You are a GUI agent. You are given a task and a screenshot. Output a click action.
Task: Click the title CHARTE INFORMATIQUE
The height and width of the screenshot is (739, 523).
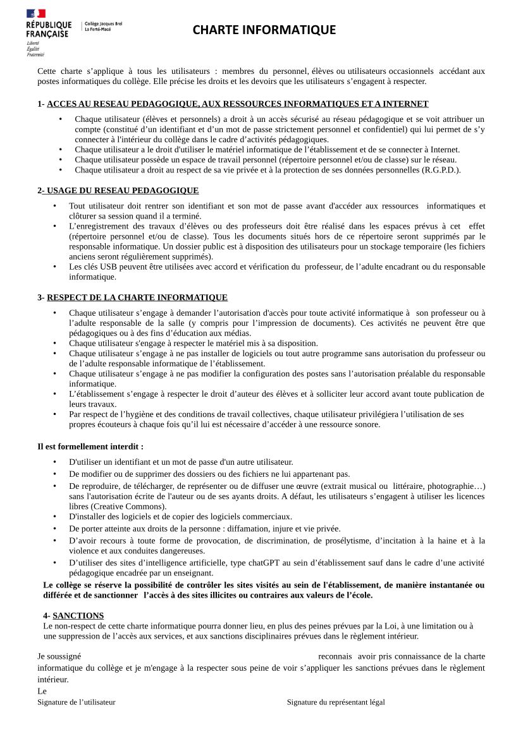click(x=264, y=30)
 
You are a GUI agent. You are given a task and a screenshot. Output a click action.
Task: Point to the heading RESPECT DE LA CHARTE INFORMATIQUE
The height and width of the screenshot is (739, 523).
click(x=137, y=297)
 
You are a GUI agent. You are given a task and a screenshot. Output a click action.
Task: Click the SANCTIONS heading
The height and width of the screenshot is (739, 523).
click(x=78, y=615)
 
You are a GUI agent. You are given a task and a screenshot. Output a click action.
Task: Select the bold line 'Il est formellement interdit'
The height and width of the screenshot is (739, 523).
click(x=90, y=447)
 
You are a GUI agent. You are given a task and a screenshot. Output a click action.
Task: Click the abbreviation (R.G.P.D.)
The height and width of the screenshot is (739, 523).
click(x=440, y=169)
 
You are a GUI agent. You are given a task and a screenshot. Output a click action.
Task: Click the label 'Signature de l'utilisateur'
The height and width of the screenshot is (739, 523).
click(x=77, y=702)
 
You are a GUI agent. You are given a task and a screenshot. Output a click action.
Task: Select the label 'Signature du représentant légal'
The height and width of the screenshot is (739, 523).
click(x=336, y=702)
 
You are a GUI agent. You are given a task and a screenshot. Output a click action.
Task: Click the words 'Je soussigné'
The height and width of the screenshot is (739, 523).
click(x=59, y=656)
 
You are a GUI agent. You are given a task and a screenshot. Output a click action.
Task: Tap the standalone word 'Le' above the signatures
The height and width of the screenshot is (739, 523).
click(x=42, y=691)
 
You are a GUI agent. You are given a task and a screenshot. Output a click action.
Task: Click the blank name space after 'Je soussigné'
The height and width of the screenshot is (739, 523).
click(x=199, y=656)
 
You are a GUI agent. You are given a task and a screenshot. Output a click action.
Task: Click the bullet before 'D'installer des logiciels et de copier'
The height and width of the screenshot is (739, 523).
click(x=54, y=517)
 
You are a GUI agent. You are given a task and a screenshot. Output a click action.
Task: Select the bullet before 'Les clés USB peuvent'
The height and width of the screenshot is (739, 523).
click(x=54, y=267)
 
